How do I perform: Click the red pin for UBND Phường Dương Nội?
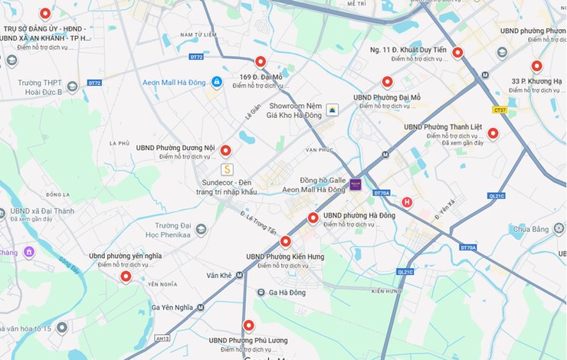tap(225, 150)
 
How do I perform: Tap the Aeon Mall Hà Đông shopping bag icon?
tap(217, 82)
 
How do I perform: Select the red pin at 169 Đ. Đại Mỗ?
tap(261, 61)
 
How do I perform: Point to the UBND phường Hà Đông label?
tap(359, 215)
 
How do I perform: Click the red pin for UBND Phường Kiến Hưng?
tap(286, 241)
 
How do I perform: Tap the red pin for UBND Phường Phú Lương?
tap(248, 325)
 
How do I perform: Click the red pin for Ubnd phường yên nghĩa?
tap(126, 276)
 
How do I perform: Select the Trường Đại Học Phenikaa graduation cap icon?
tap(201, 229)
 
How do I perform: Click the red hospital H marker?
tap(407, 202)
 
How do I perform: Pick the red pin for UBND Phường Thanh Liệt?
tap(493, 133)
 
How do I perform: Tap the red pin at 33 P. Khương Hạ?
tap(536, 66)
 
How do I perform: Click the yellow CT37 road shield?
tap(500, 110)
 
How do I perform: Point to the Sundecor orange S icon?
tap(226, 169)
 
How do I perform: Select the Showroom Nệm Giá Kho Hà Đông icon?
tap(332, 110)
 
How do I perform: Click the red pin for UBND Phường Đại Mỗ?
tap(387, 81)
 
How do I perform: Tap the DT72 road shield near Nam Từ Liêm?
tap(196, 57)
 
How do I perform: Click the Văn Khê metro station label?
tap(219, 275)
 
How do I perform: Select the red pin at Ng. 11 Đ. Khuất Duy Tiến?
tap(457, 52)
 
